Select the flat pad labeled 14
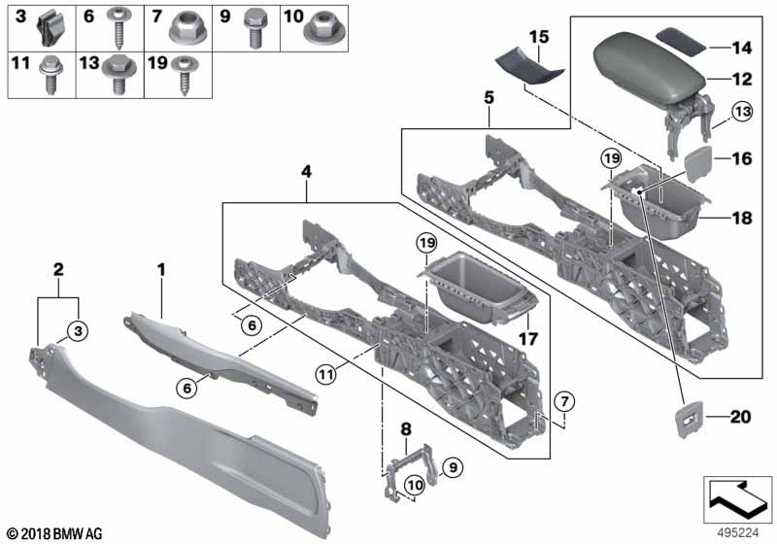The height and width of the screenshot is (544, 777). pos(681,42)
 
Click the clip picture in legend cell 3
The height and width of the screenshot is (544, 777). pos(51,28)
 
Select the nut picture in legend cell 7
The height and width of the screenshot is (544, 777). pos(187,27)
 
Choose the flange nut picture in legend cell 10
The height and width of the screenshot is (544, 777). pos(325,28)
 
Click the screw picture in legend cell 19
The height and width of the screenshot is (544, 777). pos(186,75)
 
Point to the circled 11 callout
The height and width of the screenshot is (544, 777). pos(326,374)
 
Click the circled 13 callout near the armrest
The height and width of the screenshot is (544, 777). pos(742,112)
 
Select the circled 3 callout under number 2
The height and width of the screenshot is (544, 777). pos(78,331)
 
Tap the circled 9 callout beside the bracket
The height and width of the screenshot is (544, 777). pos(453,467)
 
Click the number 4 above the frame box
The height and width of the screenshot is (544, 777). pos(306,172)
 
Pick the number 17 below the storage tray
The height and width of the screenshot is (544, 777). pos(527,339)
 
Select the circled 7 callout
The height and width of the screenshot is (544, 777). pos(564,401)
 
